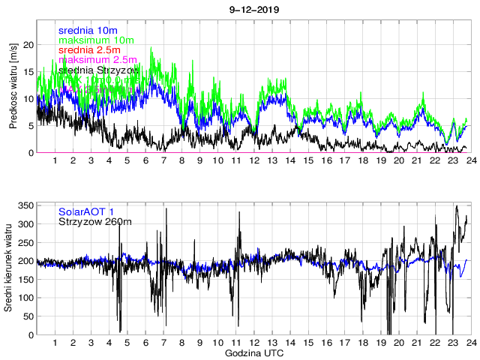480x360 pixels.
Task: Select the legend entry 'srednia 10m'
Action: click(88, 30)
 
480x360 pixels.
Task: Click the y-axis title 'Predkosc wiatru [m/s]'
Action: click(13, 85)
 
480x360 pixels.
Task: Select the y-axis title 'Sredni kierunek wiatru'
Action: click(13, 268)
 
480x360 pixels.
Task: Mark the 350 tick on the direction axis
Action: click(24, 205)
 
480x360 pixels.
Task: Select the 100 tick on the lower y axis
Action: click(24, 298)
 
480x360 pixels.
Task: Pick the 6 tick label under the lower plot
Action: click(145, 343)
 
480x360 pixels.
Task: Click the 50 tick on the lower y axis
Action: click(26, 316)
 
